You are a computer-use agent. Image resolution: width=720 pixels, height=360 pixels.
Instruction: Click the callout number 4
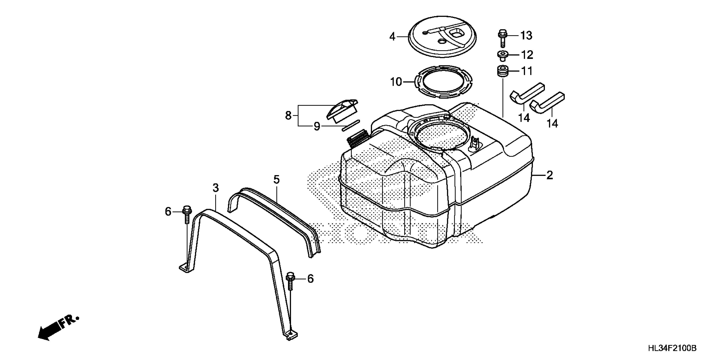click(393, 37)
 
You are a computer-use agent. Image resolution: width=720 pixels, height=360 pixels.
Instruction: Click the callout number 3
click(216, 188)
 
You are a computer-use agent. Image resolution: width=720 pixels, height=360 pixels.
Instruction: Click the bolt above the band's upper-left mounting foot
click(187, 214)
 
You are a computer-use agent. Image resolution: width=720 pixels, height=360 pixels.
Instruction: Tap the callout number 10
click(396, 82)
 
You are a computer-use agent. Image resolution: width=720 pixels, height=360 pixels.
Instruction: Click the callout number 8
click(288, 115)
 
